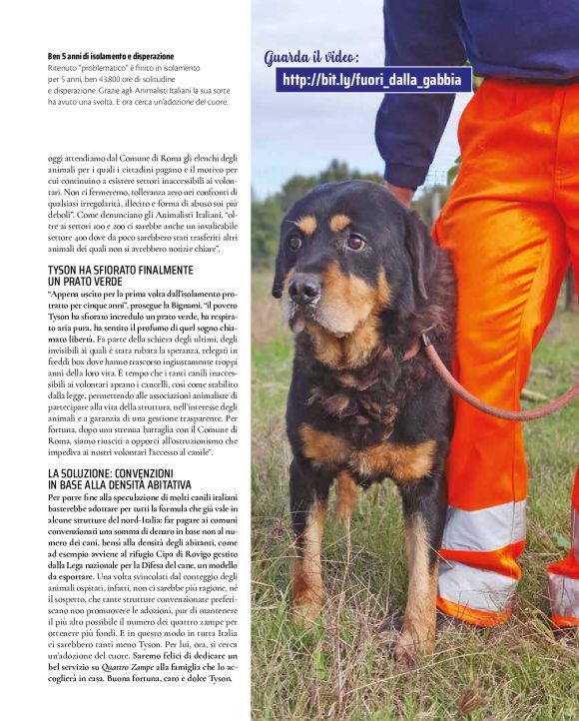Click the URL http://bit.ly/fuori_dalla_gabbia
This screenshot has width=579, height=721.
coord(371,80)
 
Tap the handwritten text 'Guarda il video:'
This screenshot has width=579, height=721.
coord(311,57)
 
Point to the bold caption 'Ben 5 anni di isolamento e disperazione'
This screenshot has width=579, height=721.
coord(110,56)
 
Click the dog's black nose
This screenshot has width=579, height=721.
coord(303,291)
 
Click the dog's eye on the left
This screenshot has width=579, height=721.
coord(294,242)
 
